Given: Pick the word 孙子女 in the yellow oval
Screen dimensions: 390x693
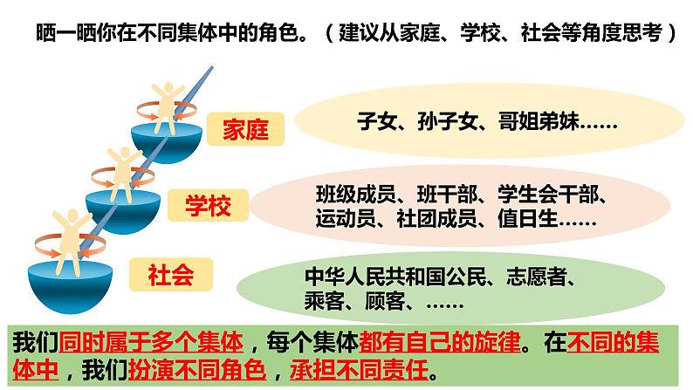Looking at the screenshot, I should (443, 122).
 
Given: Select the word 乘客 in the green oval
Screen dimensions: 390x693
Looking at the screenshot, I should (324, 304).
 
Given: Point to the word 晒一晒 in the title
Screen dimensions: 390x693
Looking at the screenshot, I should (62, 34).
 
